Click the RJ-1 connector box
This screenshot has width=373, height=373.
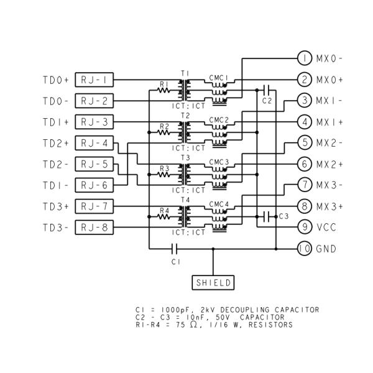click(x=94, y=80)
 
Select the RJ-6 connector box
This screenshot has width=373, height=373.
click(x=94, y=185)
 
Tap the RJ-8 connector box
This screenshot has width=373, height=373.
click(x=94, y=227)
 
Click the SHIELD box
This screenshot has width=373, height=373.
click(x=213, y=282)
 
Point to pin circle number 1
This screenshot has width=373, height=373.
click(x=304, y=58)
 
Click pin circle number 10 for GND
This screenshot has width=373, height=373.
click(x=304, y=249)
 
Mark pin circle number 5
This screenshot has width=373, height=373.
click(x=304, y=142)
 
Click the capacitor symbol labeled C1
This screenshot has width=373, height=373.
click(x=175, y=249)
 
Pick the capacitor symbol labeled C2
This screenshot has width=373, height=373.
click(x=267, y=90)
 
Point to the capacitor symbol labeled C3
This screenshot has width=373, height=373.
click(x=267, y=216)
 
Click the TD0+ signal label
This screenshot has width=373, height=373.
click(x=56, y=80)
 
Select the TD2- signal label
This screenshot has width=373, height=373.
click(x=56, y=164)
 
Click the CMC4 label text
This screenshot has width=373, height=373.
click(x=219, y=204)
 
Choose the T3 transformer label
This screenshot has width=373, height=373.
click(x=185, y=158)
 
